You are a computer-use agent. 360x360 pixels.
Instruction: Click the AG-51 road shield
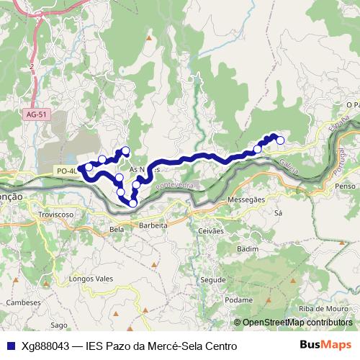[x=34, y=114]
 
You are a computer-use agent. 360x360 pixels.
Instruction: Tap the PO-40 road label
[x=65, y=171]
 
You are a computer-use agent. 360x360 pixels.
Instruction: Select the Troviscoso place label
[x=57, y=215]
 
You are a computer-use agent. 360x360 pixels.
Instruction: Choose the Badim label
[x=247, y=248]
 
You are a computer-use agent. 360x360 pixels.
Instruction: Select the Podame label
[x=238, y=300]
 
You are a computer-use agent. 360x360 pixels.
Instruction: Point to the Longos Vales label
[x=87, y=277]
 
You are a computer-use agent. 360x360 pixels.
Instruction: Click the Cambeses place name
[x=22, y=303]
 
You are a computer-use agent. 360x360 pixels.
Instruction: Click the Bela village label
[x=117, y=230]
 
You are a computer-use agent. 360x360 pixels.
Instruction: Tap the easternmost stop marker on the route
[x=280, y=140]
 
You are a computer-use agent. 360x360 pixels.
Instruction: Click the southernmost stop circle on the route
[x=132, y=203]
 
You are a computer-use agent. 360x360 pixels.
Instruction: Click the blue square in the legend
[x=11, y=346]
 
